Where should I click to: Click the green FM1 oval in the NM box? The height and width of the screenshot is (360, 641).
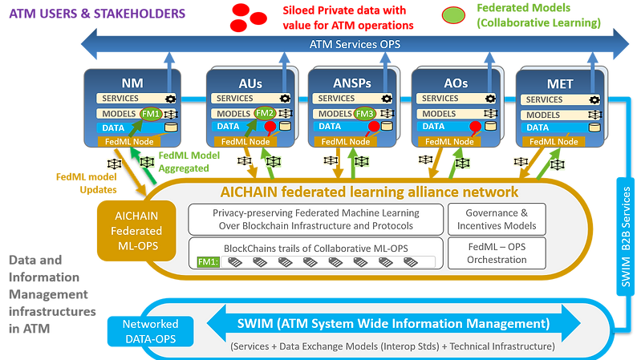coord(151,114)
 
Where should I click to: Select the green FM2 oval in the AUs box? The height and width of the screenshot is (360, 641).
coord(266,114)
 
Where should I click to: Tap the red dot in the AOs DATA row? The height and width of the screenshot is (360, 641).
coord(475,127)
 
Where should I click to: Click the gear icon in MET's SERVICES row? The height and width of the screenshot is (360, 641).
coord(594,99)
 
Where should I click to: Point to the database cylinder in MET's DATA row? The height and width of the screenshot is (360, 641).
coord(594,127)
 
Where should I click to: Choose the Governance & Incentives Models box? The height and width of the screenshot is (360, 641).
coord(494,219)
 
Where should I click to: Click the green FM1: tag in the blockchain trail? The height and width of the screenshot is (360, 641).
coord(208,261)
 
